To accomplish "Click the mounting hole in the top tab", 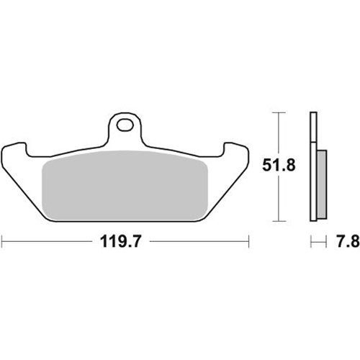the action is [x=125, y=125].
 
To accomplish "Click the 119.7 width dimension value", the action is [x=121, y=241].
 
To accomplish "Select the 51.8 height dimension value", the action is [x=279, y=166].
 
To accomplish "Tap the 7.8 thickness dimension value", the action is [x=348, y=241].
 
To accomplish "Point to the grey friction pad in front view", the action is [x=125, y=186].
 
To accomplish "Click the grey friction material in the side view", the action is [x=322, y=184].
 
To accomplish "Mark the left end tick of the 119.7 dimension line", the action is [x=2, y=241].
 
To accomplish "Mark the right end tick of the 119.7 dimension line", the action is [x=249, y=241].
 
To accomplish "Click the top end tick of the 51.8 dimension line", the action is [x=279, y=112].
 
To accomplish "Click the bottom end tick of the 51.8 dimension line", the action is [x=279, y=221].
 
